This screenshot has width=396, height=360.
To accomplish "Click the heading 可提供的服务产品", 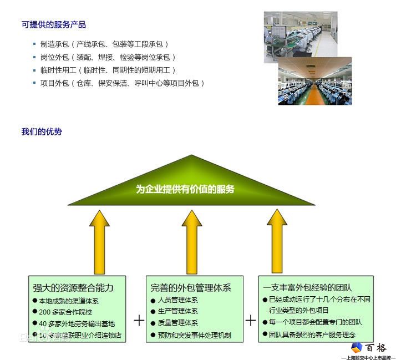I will coord(54,25).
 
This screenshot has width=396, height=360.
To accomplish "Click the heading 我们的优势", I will coord(42,131).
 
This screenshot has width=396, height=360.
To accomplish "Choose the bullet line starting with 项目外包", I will coord(122,83).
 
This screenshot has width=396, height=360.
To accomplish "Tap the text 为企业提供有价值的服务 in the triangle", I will coord(185,189).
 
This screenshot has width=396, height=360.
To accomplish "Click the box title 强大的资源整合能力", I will coord(73,287).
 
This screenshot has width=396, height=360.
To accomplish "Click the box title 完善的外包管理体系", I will coord(190,287).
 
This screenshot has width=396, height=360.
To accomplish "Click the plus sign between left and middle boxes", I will coord(139,321).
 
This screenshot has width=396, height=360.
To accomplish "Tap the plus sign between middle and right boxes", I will coord(251,321).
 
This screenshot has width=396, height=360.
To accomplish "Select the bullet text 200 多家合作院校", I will coord(65,312).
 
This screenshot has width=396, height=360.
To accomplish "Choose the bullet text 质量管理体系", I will coord(178,323).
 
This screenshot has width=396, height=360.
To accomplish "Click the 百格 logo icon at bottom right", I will coord(357,347).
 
